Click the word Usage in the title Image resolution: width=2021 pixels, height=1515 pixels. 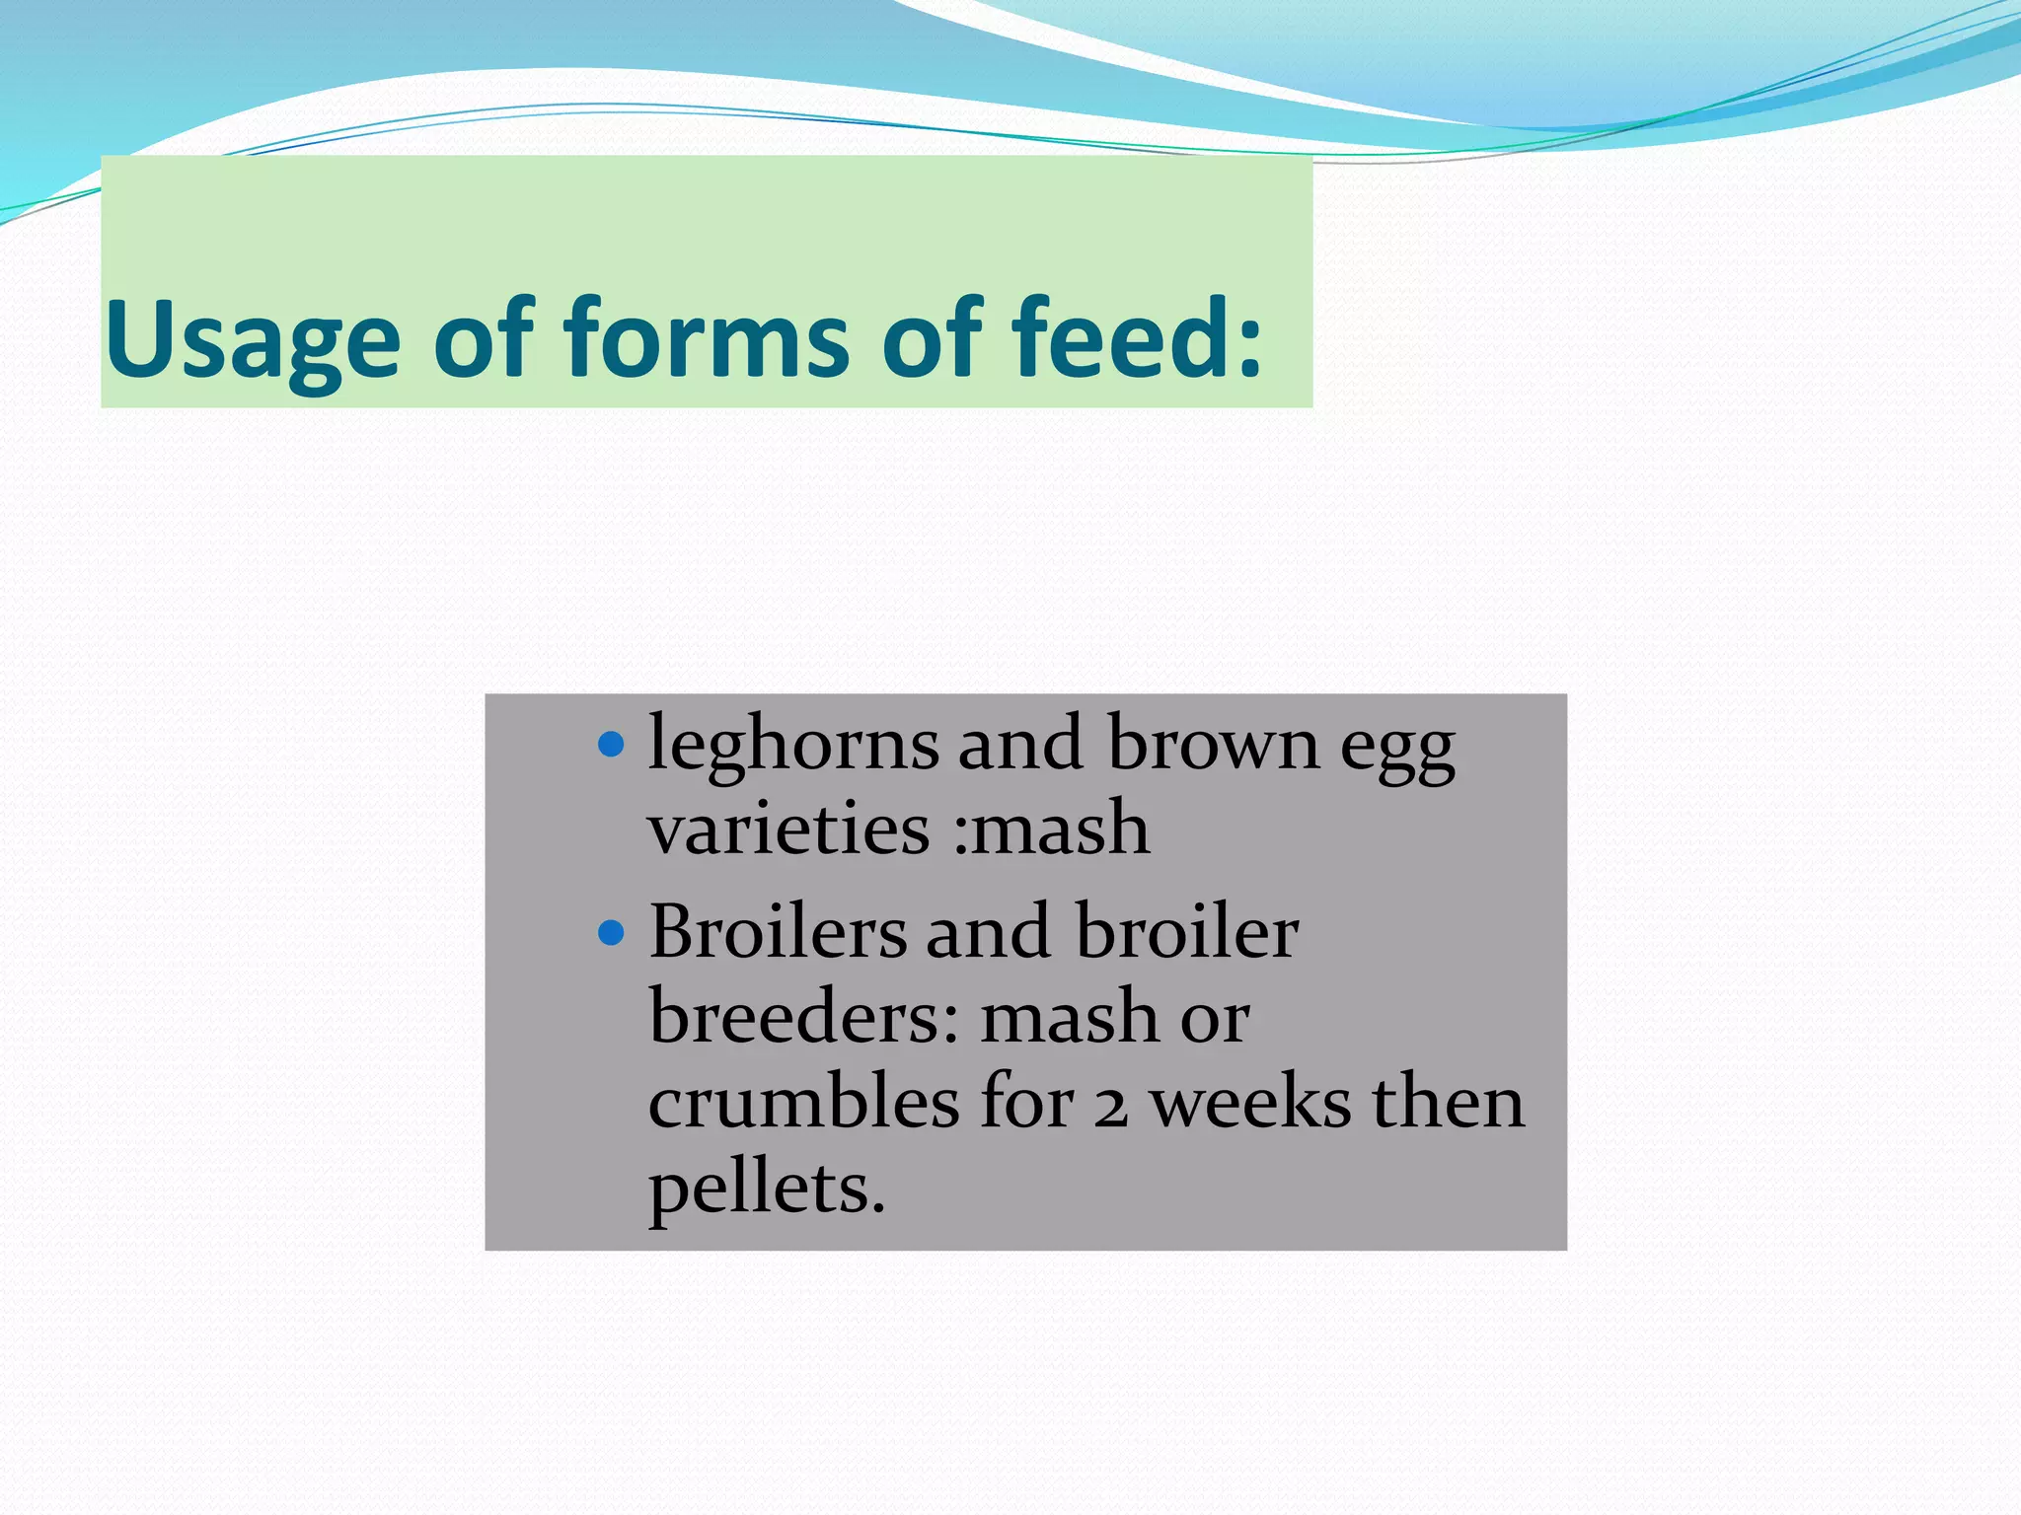(253, 340)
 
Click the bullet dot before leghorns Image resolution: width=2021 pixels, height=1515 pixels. (612, 744)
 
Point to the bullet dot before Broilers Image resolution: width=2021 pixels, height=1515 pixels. (612, 932)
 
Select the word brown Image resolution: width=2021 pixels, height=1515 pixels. (1212, 745)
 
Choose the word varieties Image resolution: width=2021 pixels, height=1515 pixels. (788, 829)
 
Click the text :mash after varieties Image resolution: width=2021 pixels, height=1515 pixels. (1052, 829)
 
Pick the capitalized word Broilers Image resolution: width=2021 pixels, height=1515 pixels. (778, 932)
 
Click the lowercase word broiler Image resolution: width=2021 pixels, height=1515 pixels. (1186, 932)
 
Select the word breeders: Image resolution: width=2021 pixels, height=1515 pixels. (803, 1017)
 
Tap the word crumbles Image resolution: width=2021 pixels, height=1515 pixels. (803, 1102)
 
